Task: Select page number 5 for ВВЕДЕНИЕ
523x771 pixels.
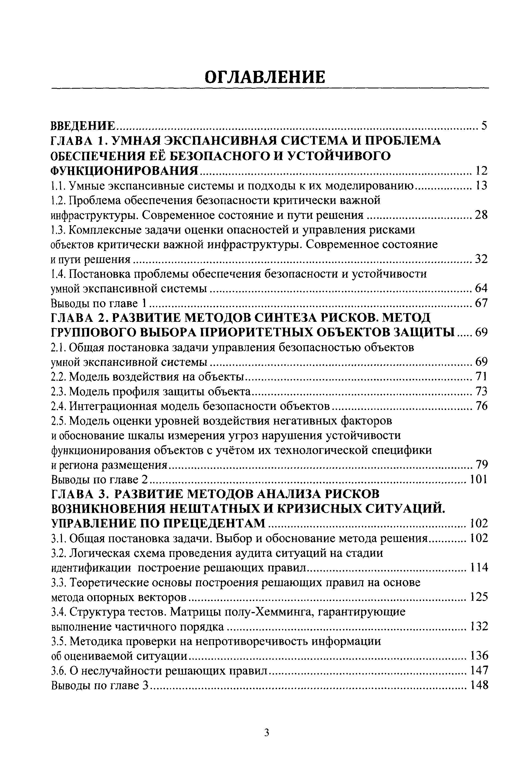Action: tap(484, 126)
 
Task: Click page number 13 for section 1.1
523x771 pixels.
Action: tap(481, 186)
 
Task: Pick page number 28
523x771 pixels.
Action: tap(481, 215)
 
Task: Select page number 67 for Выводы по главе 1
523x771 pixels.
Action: tap(481, 303)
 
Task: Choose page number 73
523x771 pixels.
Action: tap(481, 392)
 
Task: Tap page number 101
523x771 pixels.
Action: tap(479, 479)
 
